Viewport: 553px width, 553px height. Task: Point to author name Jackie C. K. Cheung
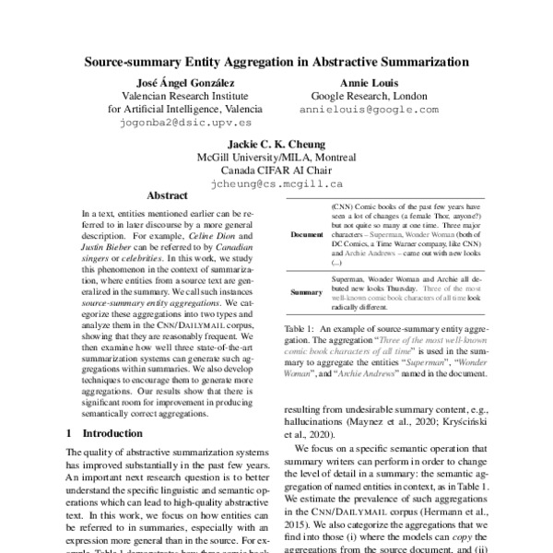pyautogui.click(x=276, y=143)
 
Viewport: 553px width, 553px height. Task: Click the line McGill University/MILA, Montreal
pyautogui.click(x=276, y=157)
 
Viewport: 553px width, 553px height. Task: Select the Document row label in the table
pyautogui.click(x=306, y=234)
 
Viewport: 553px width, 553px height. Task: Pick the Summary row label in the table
pyautogui.click(x=306, y=292)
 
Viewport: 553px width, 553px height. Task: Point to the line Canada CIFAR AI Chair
pyautogui.click(x=276, y=170)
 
